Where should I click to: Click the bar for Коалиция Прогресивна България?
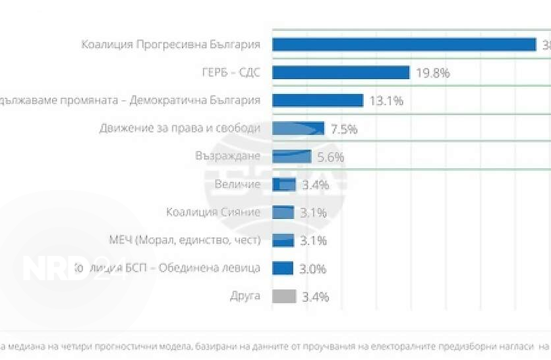click(403, 44)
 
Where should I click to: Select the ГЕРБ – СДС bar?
click(341, 73)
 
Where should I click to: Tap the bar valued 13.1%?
click(318, 100)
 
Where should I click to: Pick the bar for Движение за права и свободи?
click(298, 129)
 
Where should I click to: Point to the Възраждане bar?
click(291, 156)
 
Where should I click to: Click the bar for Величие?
click(283, 185)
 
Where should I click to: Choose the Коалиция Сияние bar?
click(283, 212)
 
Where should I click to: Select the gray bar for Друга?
click(283, 296)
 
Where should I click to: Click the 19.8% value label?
click(432, 73)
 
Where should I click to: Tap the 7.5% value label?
click(344, 129)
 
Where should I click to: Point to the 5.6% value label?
click(331, 157)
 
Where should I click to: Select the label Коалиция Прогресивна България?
click(171, 44)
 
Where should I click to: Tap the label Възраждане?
click(228, 156)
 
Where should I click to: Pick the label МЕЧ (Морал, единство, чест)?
click(185, 240)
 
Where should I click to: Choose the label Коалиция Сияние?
click(214, 212)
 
